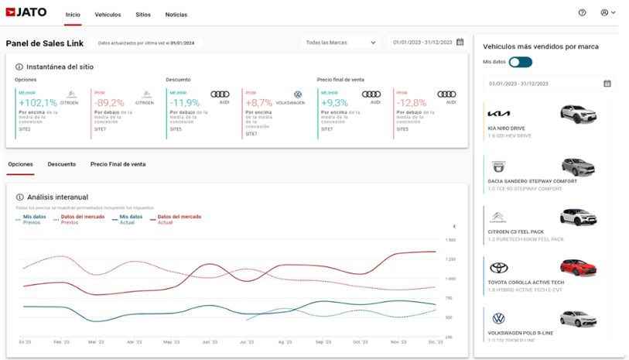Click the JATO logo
coord(27,13)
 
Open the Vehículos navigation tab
coord(108,15)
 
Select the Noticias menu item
coord(176,15)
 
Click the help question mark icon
coord(582,12)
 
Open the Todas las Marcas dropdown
coord(341,43)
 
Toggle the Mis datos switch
coord(520,61)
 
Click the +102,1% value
coord(38,103)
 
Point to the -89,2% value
coord(109,103)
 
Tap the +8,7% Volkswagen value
coord(258,103)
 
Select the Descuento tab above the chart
coord(62,164)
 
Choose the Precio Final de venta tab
coord(118,164)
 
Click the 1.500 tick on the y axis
coord(450,240)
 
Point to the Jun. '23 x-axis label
coord(209,341)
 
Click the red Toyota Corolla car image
coord(578,268)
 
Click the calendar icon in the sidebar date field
coord(607,83)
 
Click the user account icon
coord(604,12)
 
